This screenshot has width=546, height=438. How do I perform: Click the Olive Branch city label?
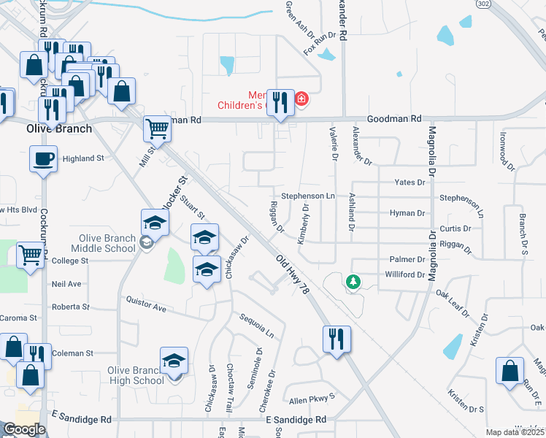point(59,128)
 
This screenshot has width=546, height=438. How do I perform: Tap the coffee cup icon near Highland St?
point(44,158)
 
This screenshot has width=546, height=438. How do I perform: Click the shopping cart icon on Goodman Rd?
point(158,129)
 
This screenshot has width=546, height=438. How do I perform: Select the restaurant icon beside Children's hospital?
point(280,101)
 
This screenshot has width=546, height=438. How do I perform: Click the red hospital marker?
point(301,99)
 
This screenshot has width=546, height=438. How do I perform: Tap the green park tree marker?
point(353,281)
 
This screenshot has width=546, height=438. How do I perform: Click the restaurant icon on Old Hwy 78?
point(337,339)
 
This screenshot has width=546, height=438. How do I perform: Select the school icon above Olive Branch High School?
point(174,361)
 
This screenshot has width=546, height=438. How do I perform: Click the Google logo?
point(24,429)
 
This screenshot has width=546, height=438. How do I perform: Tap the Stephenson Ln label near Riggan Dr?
point(308,196)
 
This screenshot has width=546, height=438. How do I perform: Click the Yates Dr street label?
point(409,182)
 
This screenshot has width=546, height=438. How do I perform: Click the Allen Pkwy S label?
point(311,398)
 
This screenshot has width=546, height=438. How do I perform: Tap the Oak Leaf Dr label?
point(453,304)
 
